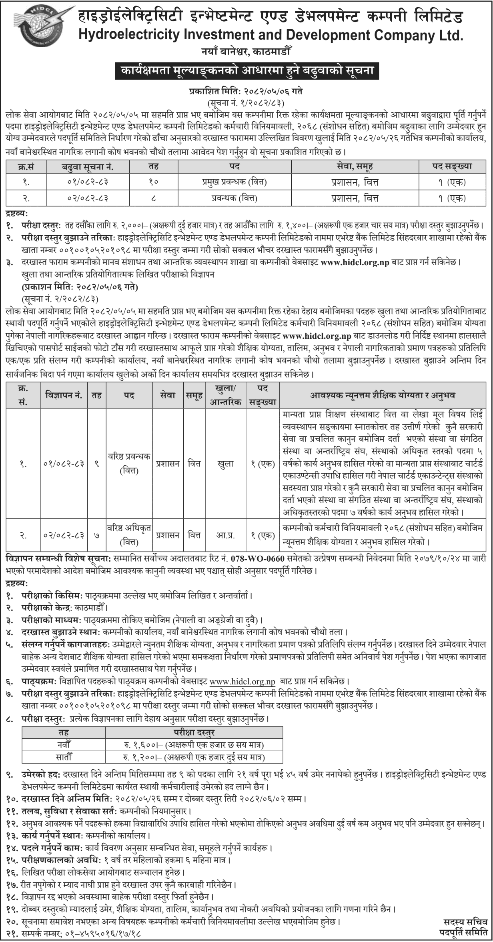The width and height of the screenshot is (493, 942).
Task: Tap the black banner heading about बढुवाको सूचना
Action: [x=247, y=71]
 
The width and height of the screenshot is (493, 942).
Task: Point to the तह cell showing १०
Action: [x=154, y=183]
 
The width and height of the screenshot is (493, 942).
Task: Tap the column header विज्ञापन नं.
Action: [x=64, y=395]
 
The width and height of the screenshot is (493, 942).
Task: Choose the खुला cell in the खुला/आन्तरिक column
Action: [x=225, y=464]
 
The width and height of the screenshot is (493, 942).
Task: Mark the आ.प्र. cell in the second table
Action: [x=225, y=535]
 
